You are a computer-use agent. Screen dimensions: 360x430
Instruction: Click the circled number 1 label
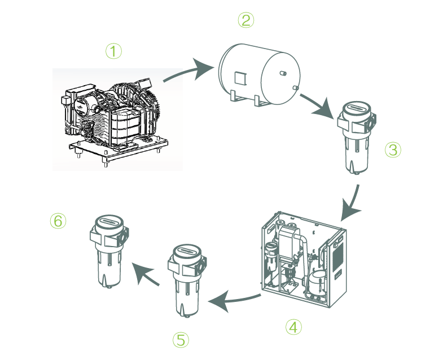(x=113, y=51)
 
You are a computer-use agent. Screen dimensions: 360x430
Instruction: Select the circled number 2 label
(x=245, y=20)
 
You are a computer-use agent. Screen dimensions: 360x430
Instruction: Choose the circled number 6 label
(x=58, y=221)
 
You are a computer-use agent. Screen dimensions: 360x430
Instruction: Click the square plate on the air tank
(x=239, y=76)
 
